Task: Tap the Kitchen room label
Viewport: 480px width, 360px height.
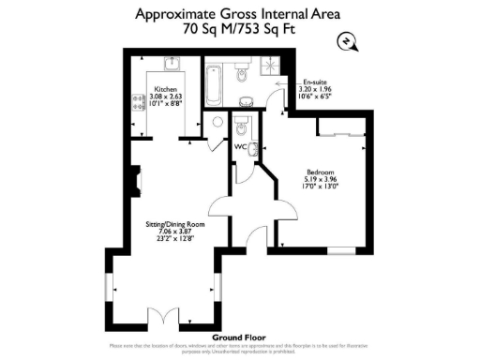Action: (x=167, y=90)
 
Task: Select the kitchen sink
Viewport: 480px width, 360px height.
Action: (x=171, y=65)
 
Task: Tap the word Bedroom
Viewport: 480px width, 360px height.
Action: (x=320, y=171)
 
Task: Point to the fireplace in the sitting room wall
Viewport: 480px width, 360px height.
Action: (x=135, y=178)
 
